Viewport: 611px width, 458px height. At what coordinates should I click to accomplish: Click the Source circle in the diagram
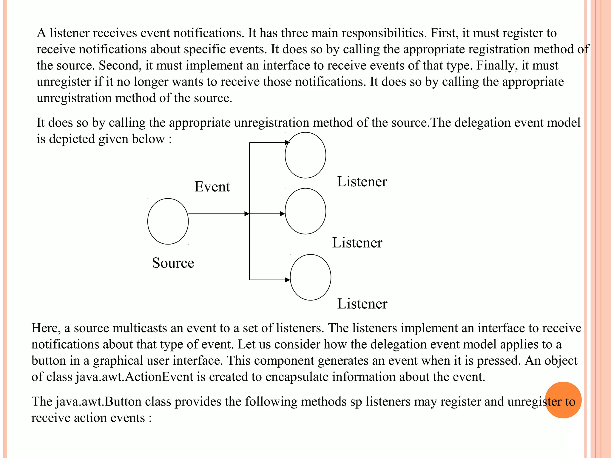(x=168, y=221)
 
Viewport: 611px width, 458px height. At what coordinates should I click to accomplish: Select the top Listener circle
(x=305, y=155)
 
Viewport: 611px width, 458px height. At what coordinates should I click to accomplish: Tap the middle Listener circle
(x=305, y=211)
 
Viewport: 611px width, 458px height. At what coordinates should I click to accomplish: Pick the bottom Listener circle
(x=310, y=277)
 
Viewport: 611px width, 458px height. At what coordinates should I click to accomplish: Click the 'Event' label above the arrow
(x=212, y=187)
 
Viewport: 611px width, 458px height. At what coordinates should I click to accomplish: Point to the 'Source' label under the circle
(x=173, y=263)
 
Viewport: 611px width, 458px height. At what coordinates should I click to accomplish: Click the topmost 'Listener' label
(x=362, y=182)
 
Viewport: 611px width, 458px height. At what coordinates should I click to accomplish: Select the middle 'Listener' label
(x=357, y=243)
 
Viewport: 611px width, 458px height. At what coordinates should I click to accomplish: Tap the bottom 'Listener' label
(x=362, y=304)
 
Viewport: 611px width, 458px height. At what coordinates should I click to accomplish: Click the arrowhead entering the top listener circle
(x=287, y=143)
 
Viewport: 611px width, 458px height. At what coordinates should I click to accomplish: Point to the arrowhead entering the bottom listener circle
(x=288, y=280)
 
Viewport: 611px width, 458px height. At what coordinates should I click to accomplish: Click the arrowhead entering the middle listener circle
(x=283, y=214)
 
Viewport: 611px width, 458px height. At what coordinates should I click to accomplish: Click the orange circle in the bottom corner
(x=563, y=400)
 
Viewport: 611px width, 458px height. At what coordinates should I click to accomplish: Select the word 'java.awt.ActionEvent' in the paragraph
(x=135, y=377)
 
